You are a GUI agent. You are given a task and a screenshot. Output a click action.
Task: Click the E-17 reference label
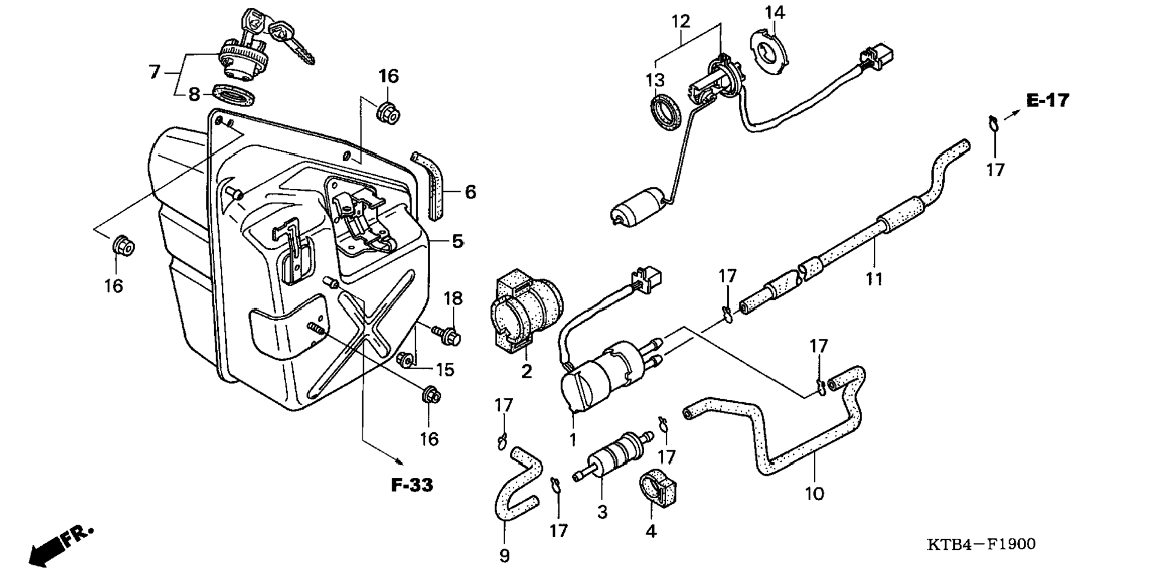1047,100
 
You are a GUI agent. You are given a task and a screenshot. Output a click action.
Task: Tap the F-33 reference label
412,484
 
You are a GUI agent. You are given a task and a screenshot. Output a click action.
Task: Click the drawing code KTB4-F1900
981,544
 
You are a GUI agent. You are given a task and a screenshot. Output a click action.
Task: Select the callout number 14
774,12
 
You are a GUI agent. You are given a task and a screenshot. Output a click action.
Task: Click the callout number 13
656,80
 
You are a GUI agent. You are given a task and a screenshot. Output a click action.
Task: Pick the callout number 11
874,279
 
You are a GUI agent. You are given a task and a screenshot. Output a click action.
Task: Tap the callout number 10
814,493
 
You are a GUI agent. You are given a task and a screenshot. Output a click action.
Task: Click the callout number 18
453,298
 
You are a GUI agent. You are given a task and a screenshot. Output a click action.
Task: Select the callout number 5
458,241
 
